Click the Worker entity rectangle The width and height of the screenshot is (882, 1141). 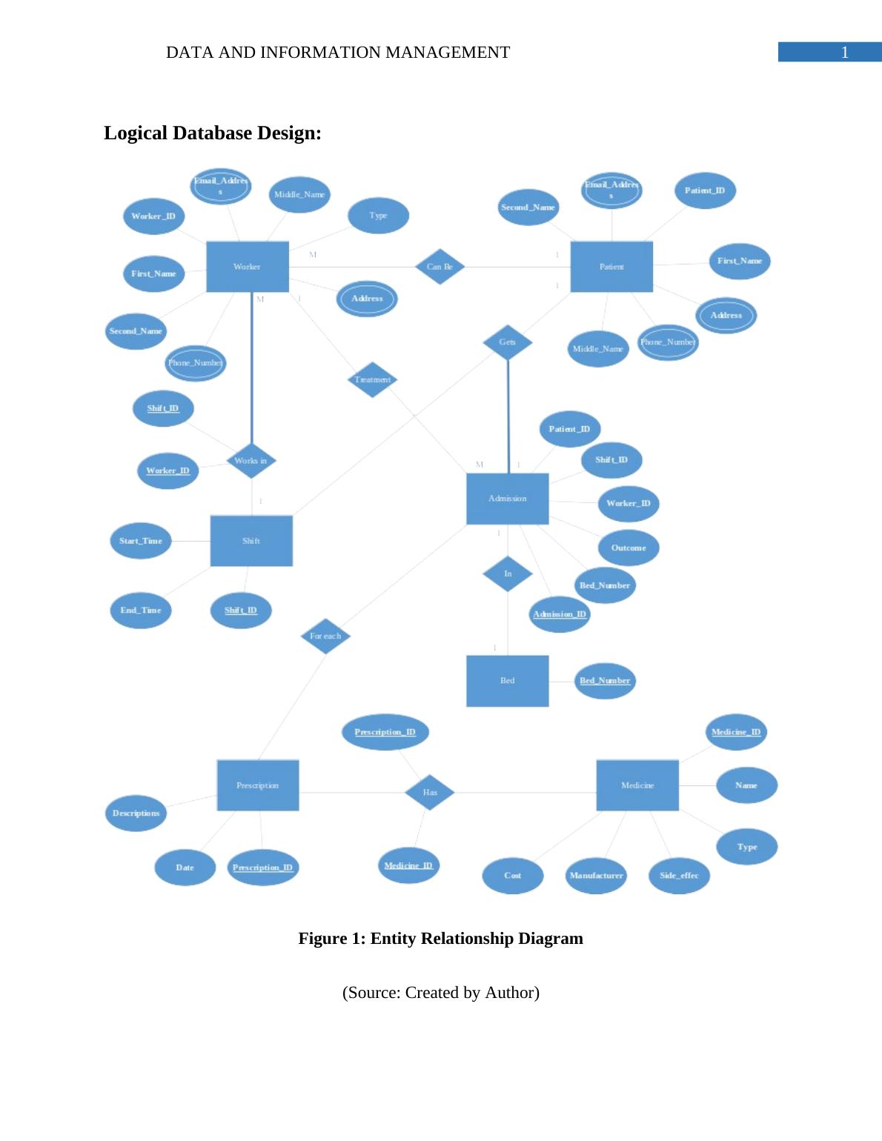point(247,266)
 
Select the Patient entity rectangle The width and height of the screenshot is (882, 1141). point(611,266)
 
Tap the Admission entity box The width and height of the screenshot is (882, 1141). point(508,499)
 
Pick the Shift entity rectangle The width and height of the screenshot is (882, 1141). point(251,541)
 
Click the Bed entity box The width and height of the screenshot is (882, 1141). point(508,680)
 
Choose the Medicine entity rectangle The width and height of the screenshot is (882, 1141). point(637,785)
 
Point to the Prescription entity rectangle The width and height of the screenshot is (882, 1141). point(258,785)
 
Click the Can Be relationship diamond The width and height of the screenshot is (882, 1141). point(440,267)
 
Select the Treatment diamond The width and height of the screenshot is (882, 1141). point(372,379)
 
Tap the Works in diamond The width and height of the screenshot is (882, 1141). point(251,461)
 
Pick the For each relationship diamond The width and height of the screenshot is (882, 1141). point(325,636)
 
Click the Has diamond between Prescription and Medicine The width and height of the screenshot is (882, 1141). point(430,792)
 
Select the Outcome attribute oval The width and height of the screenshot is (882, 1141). point(629,548)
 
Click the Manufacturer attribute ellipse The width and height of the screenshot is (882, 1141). point(596,875)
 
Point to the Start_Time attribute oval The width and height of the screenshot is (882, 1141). point(141,541)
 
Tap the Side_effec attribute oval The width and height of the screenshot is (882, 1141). point(679,875)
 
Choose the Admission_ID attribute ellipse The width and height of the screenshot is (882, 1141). point(560,614)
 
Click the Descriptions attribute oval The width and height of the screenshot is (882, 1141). point(136,813)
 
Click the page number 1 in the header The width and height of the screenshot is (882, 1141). point(844,53)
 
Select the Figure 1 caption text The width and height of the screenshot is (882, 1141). point(440,939)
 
